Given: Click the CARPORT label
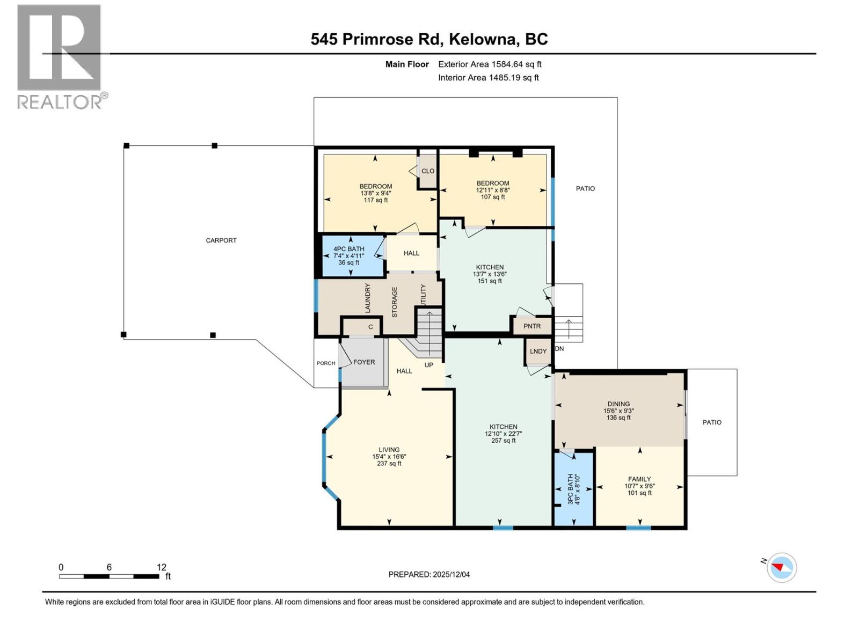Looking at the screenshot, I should (x=221, y=240).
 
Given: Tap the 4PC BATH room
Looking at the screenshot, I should (x=349, y=256).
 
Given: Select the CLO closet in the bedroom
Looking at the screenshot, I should (x=428, y=171).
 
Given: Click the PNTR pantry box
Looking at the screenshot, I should (x=532, y=326).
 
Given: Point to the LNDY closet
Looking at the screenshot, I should (x=538, y=352).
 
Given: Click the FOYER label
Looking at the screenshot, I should (x=364, y=362).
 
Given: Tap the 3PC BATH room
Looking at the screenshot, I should (x=573, y=488).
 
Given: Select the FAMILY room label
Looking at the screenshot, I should (x=639, y=479).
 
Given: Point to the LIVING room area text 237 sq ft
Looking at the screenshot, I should (x=389, y=464).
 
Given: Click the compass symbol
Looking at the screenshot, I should (x=781, y=567).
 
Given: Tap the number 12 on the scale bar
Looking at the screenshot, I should (x=161, y=567).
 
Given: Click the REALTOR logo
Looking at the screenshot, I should (x=60, y=56).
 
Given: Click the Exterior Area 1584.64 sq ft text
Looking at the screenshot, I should (x=490, y=64).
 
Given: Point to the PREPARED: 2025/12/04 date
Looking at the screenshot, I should (x=429, y=574).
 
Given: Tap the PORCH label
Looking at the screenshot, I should (x=326, y=363).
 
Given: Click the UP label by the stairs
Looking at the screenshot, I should (x=429, y=365).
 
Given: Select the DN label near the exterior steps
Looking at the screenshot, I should (x=559, y=349).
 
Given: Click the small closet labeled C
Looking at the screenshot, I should (x=370, y=327).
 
